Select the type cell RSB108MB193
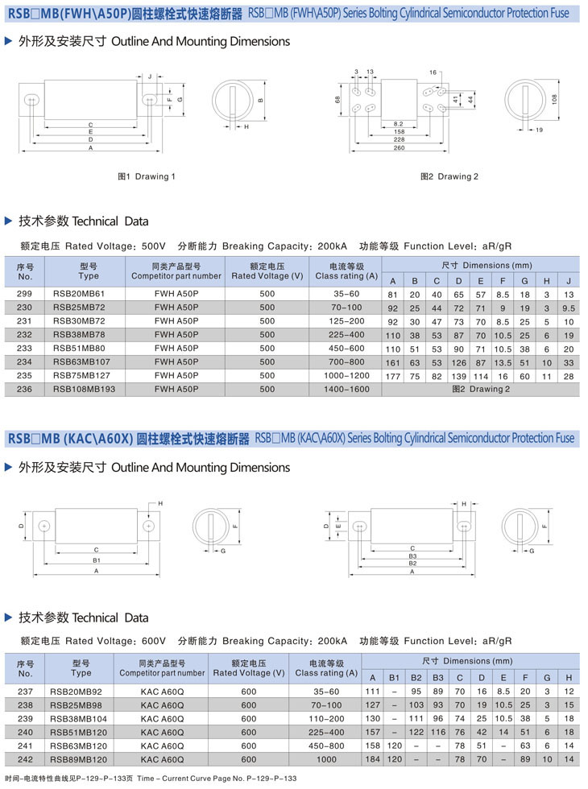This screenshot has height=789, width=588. [84, 389]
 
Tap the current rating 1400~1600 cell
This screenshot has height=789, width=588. [346, 389]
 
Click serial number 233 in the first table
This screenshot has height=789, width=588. [24, 348]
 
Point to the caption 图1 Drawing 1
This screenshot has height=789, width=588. [147, 176]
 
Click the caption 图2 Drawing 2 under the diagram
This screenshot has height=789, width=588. [449, 176]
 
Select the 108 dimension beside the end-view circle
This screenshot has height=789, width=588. [554, 98]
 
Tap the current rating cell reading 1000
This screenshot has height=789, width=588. [326, 759]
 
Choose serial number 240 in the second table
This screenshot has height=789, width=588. [24, 732]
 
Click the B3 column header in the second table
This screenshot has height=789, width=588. [437, 678]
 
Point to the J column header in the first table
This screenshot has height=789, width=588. [569, 280]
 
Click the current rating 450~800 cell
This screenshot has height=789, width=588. [326, 746]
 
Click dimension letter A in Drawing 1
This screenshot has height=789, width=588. [91, 148]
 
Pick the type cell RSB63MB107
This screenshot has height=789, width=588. [81, 361]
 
